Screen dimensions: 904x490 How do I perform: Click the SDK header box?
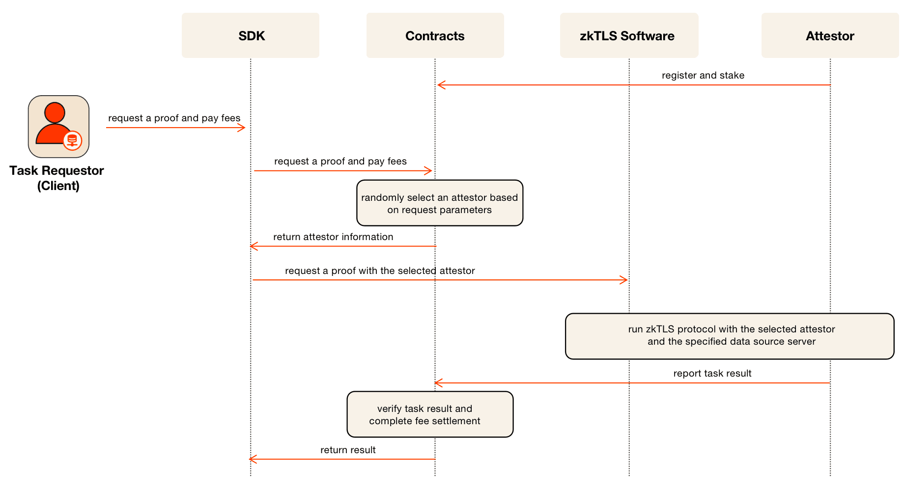click(251, 35)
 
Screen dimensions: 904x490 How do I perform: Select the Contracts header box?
click(435, 35)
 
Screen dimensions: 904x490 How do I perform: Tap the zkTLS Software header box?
click(629, 35)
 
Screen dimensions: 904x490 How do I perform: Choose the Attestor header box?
click(830, 35)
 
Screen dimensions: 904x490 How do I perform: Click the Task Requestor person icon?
click(58, 127)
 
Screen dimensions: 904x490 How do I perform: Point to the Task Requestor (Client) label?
click(57, 178)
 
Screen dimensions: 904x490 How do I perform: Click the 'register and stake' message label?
click(703, 75)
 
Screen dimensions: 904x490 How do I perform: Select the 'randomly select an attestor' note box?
click(440, 203)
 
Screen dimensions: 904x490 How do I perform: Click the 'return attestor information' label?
click(333, 237)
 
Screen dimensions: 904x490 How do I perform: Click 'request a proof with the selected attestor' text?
click(380, 271)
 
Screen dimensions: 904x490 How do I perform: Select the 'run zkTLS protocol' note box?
click(730, 336)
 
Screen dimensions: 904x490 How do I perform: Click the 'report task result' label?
click(712, 373)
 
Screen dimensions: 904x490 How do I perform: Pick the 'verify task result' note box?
click(430, 414)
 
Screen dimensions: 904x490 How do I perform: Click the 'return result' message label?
click(348, 450)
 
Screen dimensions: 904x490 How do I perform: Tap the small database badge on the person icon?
click(73, 141)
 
